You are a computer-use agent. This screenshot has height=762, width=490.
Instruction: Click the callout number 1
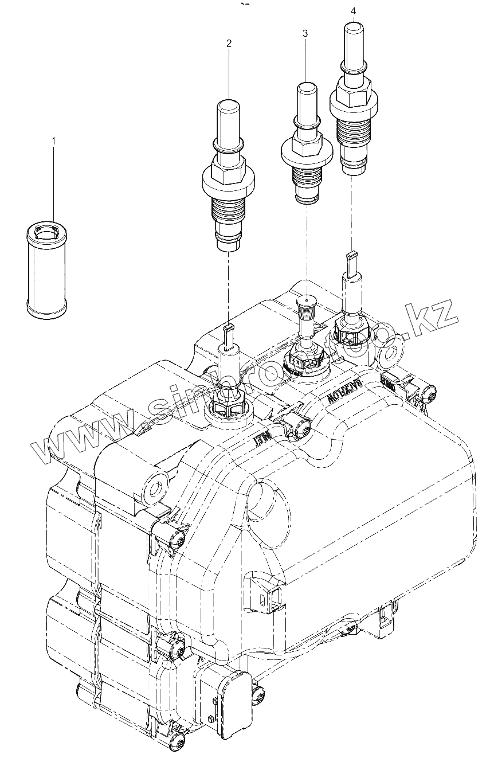(54, 139)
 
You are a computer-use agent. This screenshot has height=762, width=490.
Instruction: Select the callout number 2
(229, 43)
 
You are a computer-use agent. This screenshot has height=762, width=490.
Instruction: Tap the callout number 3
(305, 34)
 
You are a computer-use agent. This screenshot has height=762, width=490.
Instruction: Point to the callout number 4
(353, 11)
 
